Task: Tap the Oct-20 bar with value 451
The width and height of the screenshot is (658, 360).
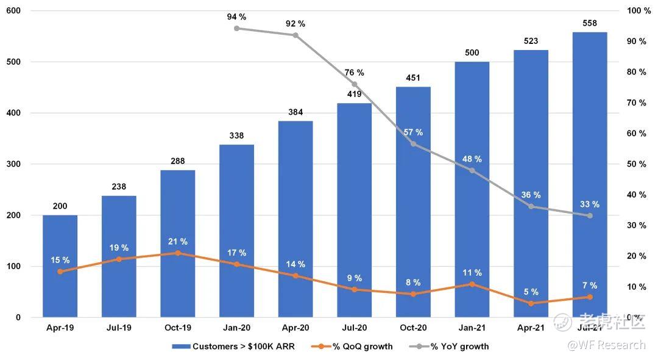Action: pos(413,201)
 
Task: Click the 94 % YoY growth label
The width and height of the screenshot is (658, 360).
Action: pos(236,16)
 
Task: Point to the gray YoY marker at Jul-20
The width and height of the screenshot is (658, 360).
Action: pos(355,84)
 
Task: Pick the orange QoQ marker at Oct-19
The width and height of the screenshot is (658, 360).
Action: pos(177,253)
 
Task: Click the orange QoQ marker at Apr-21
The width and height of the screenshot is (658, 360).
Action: pos(531,303)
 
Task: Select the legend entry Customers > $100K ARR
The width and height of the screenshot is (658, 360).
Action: pos(237,347)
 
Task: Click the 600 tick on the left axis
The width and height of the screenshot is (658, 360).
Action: pos(13,11)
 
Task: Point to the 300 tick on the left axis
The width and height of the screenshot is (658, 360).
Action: pos(13,164)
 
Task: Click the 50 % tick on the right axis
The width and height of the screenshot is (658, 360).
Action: pos(636,164)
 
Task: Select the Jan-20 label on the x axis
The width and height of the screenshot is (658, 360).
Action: pos(236,328)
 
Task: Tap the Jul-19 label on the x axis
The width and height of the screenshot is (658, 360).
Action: pos(119,328)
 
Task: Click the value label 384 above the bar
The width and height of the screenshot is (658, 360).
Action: pos(295,112)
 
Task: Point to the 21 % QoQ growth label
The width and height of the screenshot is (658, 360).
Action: pos(178,242)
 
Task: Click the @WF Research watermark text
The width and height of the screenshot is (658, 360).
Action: pos(606,345)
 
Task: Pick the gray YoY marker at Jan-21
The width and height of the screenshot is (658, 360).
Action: pos(472,170)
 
